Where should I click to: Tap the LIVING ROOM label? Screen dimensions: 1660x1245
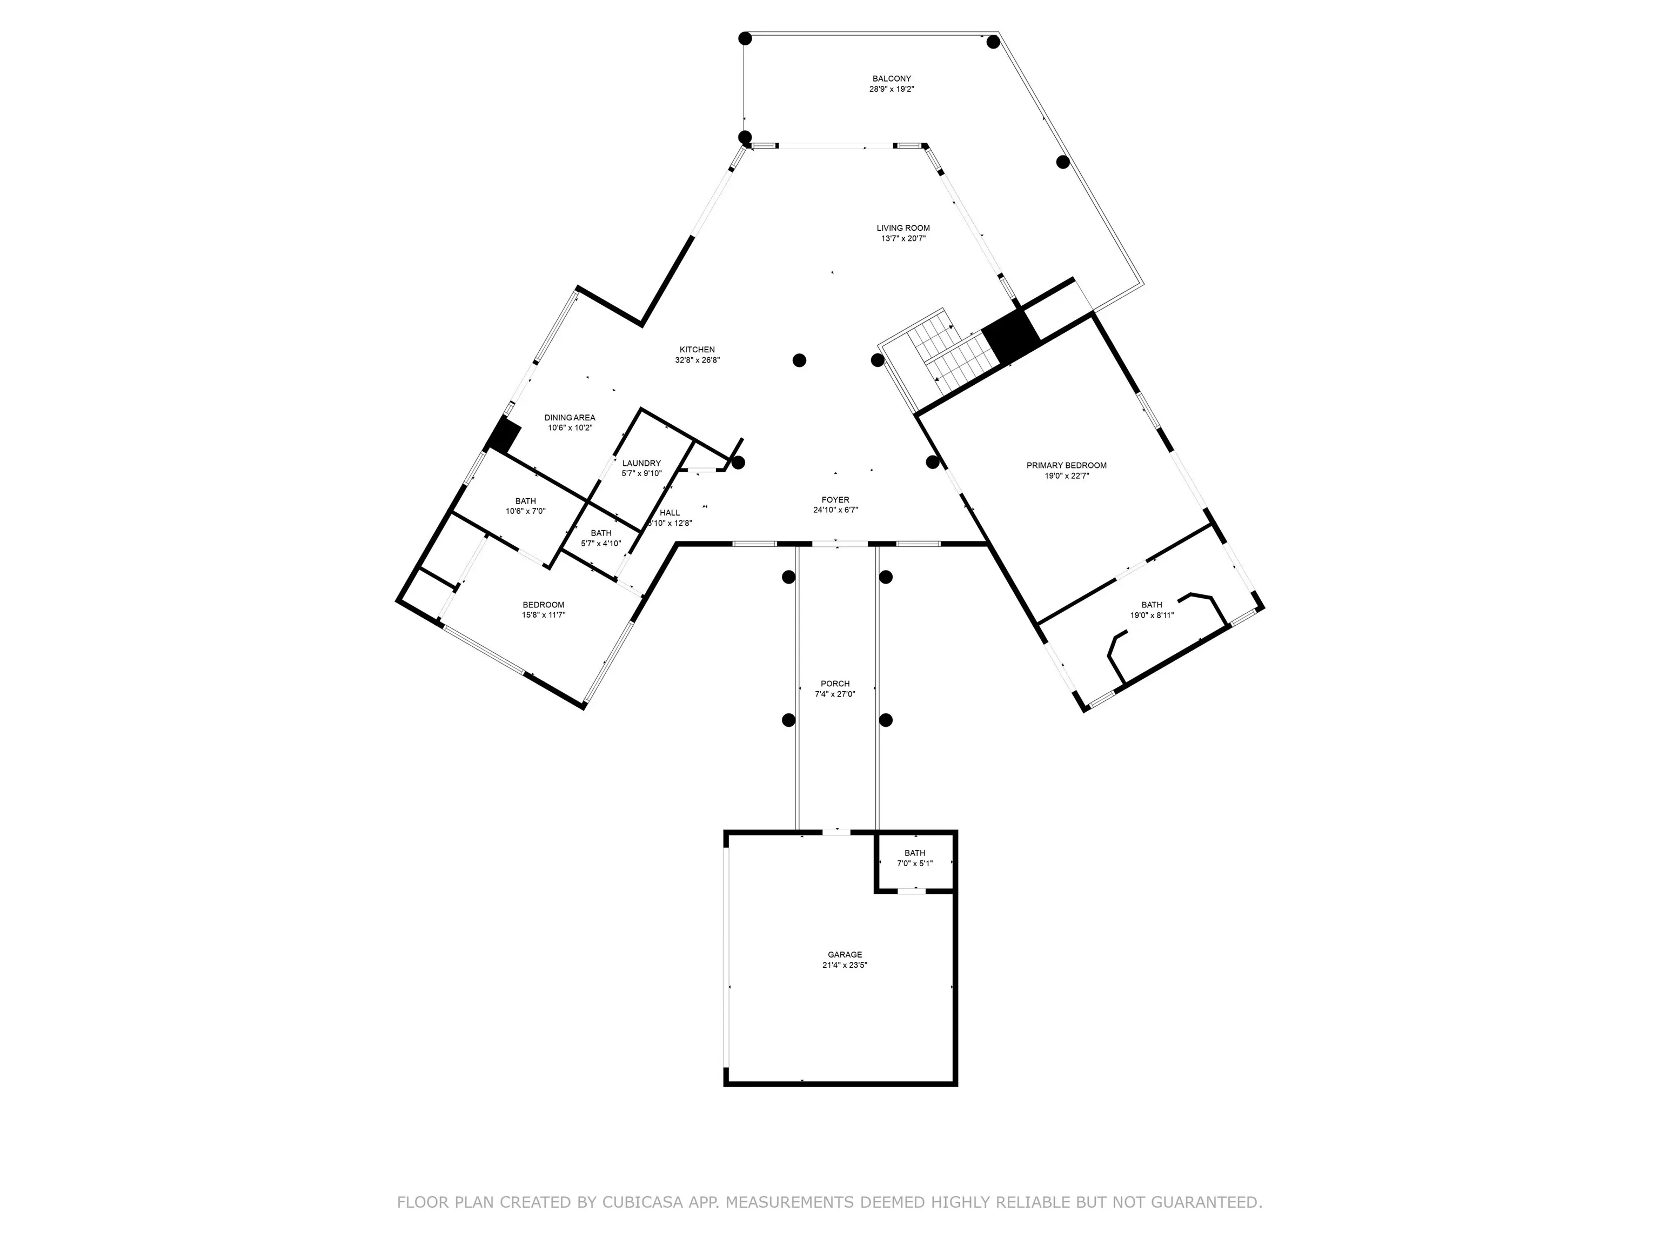tap(903, 228)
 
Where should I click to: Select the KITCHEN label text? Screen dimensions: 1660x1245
tap(697, 350)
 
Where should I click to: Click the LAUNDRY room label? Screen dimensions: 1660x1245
tap(641, 464)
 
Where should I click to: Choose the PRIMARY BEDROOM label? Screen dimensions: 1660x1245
tap(1066, 466)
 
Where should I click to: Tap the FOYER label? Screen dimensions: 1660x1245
tap(835, 500)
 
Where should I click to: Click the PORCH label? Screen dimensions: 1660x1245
tap(835, 684)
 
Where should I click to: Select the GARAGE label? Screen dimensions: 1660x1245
tap(845, 955)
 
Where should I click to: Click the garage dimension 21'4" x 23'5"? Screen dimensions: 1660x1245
tap(845, 965)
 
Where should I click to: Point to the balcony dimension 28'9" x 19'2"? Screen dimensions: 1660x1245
tap(892, 89)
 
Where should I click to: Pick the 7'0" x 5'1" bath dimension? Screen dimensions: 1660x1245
tap(915, 863)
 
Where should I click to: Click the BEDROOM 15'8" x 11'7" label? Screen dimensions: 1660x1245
tap(543, 610)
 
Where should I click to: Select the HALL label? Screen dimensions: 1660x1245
tap(670, 513)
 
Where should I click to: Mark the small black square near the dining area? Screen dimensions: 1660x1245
tap(504, 436)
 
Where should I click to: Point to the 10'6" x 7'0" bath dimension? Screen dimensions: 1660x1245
tap(525, 512)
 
